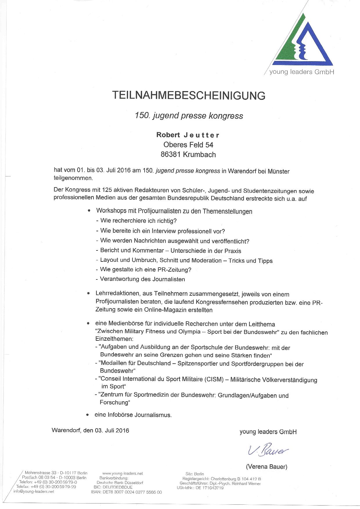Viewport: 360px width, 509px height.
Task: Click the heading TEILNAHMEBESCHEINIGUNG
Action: tap(189, 95)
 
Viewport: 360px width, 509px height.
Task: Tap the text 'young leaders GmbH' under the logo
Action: tap(302, 72)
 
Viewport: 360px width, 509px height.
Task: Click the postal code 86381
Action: tap(170, 155)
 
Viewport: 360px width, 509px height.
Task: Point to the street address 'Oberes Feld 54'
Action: tap(188, 145)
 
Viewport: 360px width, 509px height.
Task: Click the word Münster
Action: tap(279, 171)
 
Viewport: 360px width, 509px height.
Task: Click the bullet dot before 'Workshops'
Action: tap(89, 211)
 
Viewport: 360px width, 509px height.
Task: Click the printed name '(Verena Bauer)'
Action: tap(267, 467)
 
